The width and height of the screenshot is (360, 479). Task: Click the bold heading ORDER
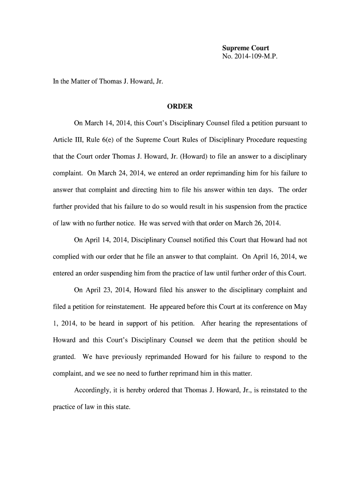click(x=180, y=107)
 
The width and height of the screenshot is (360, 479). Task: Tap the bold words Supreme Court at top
click(x=245, y=48)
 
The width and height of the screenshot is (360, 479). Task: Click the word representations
click(x=274, y=324)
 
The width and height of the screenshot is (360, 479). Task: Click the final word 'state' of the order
click(x=120, y=407)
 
